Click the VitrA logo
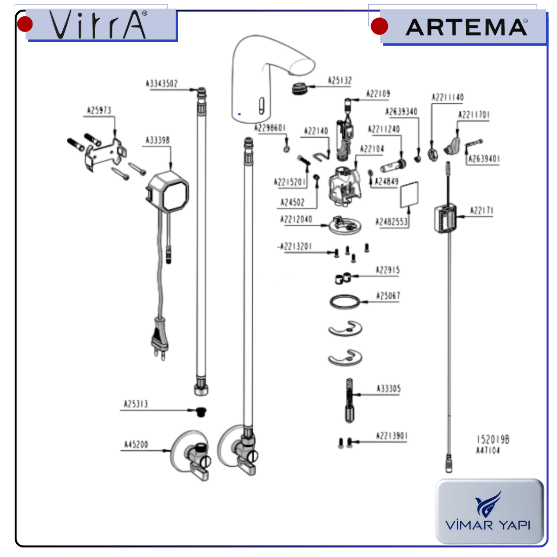[99, 25]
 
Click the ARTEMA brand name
[466, 27]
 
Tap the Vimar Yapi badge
[489, 511]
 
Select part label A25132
[340, 81]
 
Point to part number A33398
[157, 140]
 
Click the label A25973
[99, 110]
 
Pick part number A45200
[136, 445]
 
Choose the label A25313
[136, 404]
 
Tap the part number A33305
[388, 389]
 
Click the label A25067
[388, 296]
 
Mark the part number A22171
[482, 211]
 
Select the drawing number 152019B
[493, 440]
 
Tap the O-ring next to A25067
[345, 302]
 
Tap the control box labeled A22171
[446, 218]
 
